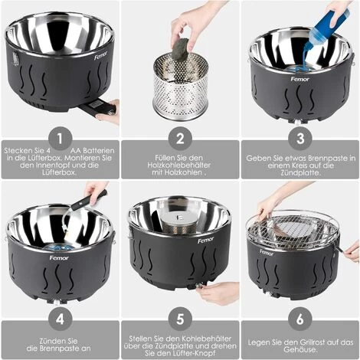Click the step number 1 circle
pyautogui.click(x=59, y=138)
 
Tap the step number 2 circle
pyautogui.click(x=180, y=138)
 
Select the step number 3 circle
pyautogui.click(x=300, y=138)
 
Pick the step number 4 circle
pyautogui.click(x=59, y=314)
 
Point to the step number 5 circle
pyautogui.click(x=180, y=314)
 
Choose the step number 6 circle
pyautogui.click(x=300, y=314)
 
